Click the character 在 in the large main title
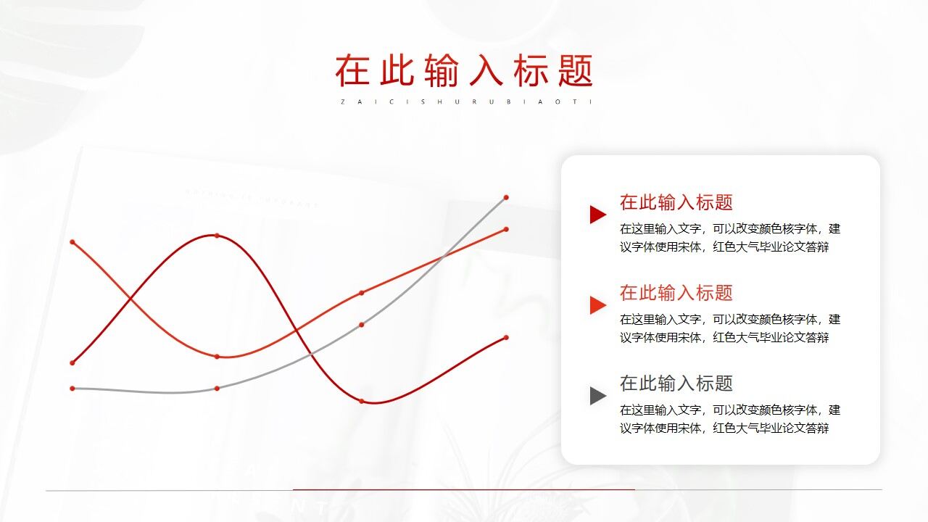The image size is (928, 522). click(x=352, y=70)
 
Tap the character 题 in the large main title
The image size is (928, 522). click(x=576, y=70)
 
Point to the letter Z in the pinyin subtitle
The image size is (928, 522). click(x=342, y=101)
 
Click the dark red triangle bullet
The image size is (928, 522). click(x=597, y=214)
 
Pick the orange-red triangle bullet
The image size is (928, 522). click(x=597, y=304)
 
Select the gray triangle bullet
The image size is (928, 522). click(x=597, y=395)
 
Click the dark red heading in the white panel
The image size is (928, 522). click(x=676, y=202)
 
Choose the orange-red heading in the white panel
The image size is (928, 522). click(x=676, y=293)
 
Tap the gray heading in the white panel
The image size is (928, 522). click(x=676, y=384)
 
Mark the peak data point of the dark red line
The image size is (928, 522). click(x=217, y=236)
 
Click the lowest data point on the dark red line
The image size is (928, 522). click(x=362, y=401)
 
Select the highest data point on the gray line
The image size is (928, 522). click(x=506, y=197)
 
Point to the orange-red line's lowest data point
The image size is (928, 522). click(x=217, y=357)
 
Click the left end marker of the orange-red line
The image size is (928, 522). click(x=72, y=241)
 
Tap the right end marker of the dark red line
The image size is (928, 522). click(x=506, y=337)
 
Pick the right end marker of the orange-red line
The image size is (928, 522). click(x=506, y=229)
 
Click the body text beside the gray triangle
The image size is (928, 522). click(x=729, y=419)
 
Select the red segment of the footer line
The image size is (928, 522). click(x=464, y=489)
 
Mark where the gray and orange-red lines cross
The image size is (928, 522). click(x=444, y=255)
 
